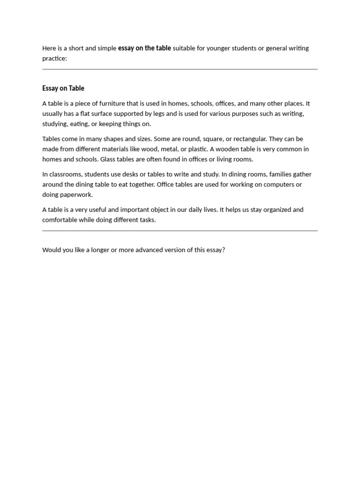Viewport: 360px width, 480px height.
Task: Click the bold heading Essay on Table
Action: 63,88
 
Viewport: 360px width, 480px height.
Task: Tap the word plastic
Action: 198,149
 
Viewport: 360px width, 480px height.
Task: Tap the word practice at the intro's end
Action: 54,59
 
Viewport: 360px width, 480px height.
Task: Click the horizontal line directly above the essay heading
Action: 180,69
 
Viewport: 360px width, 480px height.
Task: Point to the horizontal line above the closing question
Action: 180,231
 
